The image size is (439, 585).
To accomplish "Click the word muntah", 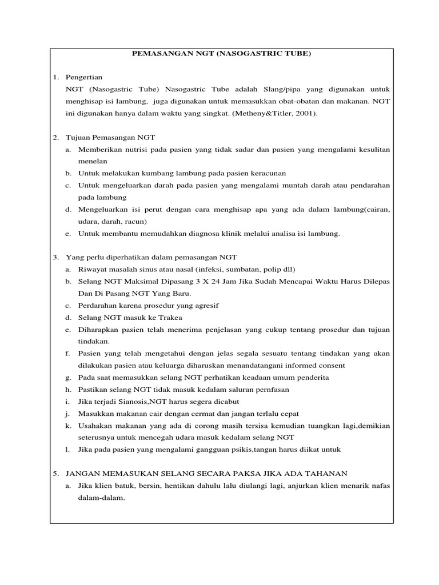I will click(x=280, y=185).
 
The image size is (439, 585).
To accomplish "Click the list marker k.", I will click(x=67, y=426).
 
